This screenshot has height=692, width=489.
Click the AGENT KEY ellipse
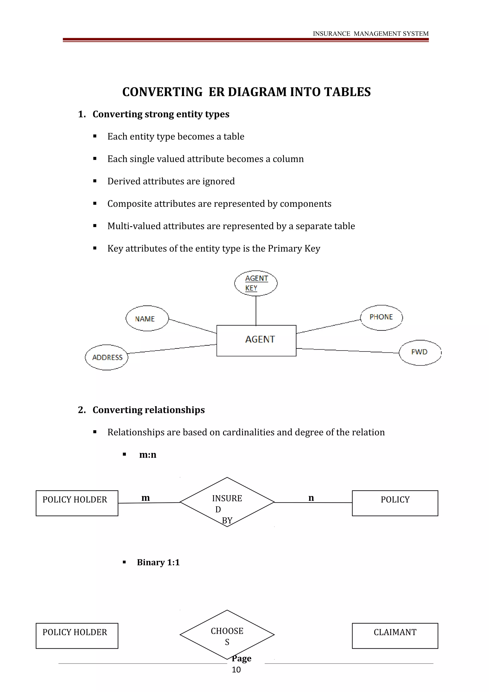coord(256,283)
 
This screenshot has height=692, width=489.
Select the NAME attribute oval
coord(147,319)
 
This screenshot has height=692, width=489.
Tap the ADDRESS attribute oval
coord(107,357)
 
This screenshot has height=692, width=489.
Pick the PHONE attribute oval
coord(382,317)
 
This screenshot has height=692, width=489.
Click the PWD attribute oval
coord(420,352)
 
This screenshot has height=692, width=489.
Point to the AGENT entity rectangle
coord(256,341)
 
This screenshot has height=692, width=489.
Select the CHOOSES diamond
coord(227,635)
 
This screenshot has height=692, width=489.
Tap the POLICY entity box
coord(395,503)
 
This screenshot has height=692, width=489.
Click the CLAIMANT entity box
coord(395,636)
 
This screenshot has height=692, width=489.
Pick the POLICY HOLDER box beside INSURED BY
coord(77,503)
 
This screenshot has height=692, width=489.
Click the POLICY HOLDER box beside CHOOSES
coord(77,636)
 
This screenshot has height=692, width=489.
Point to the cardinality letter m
coord(145,498)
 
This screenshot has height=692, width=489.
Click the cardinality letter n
coord(311,498)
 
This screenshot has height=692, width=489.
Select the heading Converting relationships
coord(149,410)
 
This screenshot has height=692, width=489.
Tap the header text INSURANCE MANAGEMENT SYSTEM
coord(370,34)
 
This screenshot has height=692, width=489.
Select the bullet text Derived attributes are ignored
coord(171,181)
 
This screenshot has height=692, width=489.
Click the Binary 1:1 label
coord(158,562)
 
